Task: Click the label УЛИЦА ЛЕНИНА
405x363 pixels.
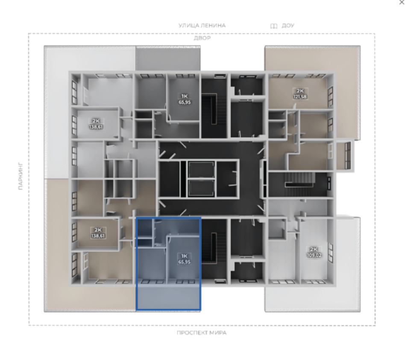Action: [202, 25]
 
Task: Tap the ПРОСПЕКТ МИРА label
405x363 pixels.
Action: [202, 333]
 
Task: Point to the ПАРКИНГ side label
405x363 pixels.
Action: [21, 176]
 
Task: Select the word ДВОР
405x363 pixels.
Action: [202, 38]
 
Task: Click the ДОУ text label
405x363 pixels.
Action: [288, 26]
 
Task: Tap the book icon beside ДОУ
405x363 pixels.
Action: [274, 26]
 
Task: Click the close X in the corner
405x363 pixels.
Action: [402, 2]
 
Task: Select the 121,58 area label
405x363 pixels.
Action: [300, 97]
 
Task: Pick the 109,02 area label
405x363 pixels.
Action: [314, 255]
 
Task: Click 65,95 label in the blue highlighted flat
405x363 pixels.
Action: [184, 262]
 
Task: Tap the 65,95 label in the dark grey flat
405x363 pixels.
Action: [185, 102]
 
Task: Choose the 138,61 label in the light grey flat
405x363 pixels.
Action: [96, 127]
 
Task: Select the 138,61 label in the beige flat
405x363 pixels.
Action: [98, 236]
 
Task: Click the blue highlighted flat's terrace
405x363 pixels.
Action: [168, 297]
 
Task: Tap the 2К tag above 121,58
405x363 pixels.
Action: [300, 91]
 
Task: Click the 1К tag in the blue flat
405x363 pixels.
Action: [184, 256]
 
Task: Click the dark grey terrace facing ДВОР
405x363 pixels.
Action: [168, 59]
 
